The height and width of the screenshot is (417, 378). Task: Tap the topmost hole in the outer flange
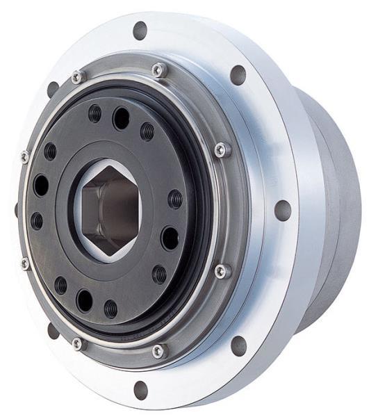click(x=140, y=30)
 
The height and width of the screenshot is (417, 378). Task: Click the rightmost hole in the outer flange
click(x=283, y=210)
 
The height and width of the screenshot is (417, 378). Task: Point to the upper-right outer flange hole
click(x=238, y=74)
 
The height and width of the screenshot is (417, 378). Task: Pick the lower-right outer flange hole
click(x=238, y=345)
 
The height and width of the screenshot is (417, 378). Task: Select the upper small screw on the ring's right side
click(x=222, y=149)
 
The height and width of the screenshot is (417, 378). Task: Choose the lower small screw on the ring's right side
click(x=222, y=271)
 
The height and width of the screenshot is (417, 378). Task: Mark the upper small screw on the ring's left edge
click(x=25, y=157)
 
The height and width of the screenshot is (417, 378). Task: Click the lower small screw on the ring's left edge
click(x=26, y=263)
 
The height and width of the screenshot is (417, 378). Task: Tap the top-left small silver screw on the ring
click(x=77, y=77)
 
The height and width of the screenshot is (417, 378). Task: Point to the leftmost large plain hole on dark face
click(x=41, y=185)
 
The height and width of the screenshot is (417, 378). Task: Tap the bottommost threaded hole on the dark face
click(x=110, y=309)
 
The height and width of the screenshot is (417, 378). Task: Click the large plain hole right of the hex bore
click(x=170, y=238)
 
